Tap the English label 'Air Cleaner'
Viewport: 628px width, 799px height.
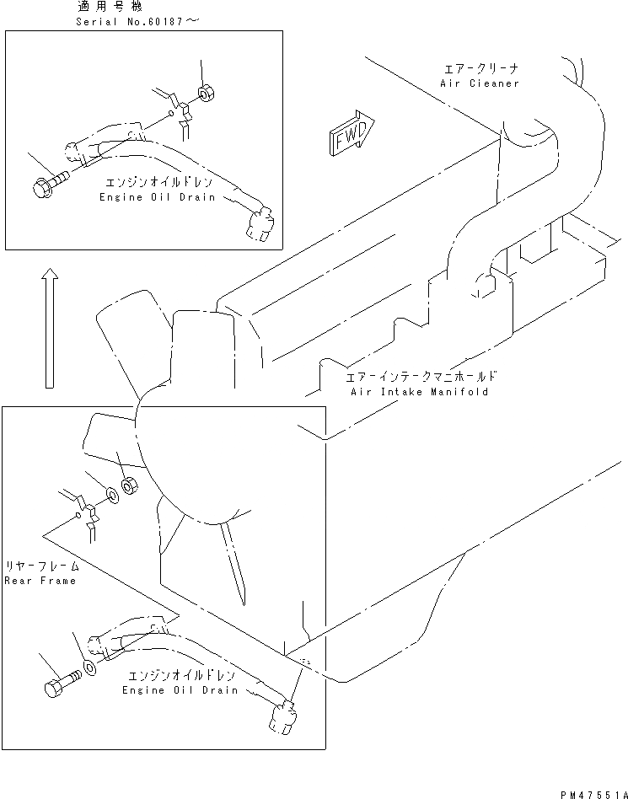[x=480, y=83]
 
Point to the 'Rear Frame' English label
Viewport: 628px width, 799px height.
[x=40, y=581]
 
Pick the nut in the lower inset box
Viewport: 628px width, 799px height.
[x=130, y=485]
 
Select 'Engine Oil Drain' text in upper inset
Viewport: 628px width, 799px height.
[x=157, y=197]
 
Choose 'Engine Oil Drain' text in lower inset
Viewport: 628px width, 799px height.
[x=180, y=690]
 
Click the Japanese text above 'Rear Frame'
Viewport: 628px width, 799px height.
[x=40, y=566]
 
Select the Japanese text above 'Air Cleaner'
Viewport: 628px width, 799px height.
[x=480, y=69]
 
